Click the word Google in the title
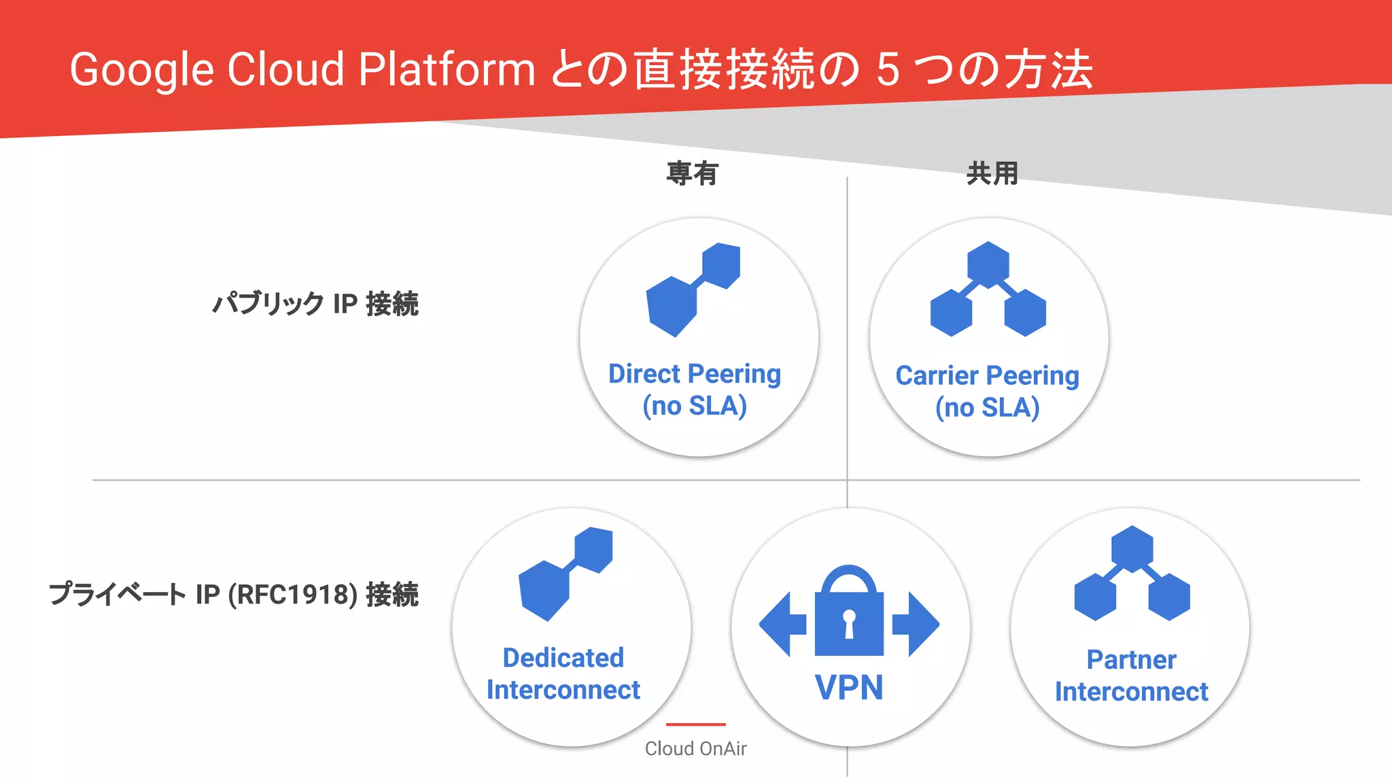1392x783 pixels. pos(141,71)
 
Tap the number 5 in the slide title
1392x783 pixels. pos(888,70)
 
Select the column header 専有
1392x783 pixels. pos(692,173)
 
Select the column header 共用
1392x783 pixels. pos(992,173)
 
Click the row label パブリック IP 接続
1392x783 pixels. pos(315,304)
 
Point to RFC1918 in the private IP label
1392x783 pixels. pos(292,594)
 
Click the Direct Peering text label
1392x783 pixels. pos(694,374)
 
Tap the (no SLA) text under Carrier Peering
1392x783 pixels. pos(987,408)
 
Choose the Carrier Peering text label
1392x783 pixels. pos(987,375)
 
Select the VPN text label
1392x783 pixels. pos(849,687)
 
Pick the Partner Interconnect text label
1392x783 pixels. pos(1131,676)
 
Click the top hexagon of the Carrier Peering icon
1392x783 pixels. pos(988,264)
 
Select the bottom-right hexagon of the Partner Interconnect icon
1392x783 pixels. pos(1169,596)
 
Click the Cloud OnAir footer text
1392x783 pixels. pos(695,748)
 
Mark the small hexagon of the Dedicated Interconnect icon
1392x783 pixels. pos(593,549)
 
